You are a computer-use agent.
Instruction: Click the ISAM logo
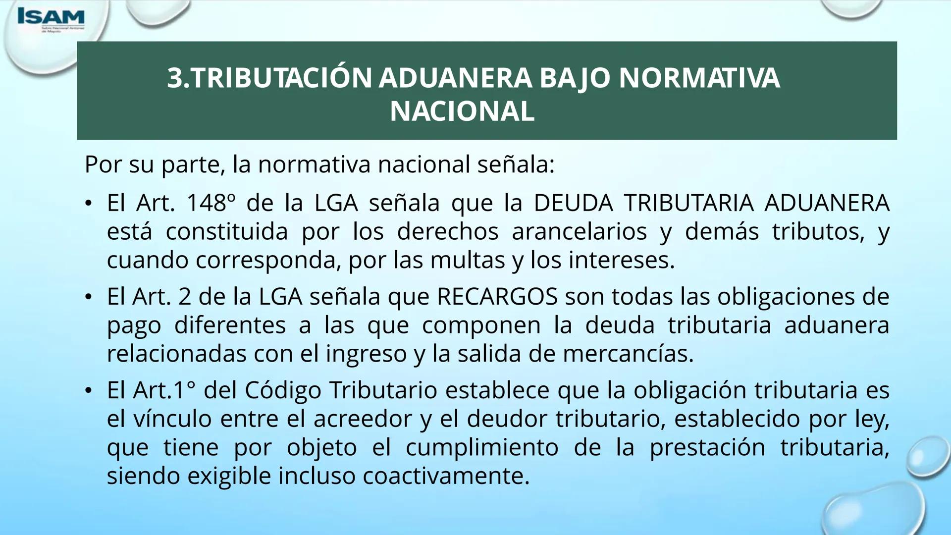click(x=51, y=19)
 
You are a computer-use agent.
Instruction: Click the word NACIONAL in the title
click(x=462, y=111)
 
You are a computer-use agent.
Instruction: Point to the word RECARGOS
click(x=497, y=297)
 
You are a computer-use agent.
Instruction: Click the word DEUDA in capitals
click(x=573, y=203)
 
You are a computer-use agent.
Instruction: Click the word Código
click(x=283, y=390)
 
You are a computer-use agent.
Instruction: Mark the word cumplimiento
click(x=482, y=447)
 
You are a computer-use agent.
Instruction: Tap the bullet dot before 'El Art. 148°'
click(x=88, y=204)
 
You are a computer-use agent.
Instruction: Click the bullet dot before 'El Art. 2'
click(x=88, y=297)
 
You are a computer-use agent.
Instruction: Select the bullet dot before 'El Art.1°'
click(x=88, y=391)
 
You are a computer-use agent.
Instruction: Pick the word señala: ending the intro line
click(x=516, y=164)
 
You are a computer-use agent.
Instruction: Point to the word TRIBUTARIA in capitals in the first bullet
click(x=688, y=203)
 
